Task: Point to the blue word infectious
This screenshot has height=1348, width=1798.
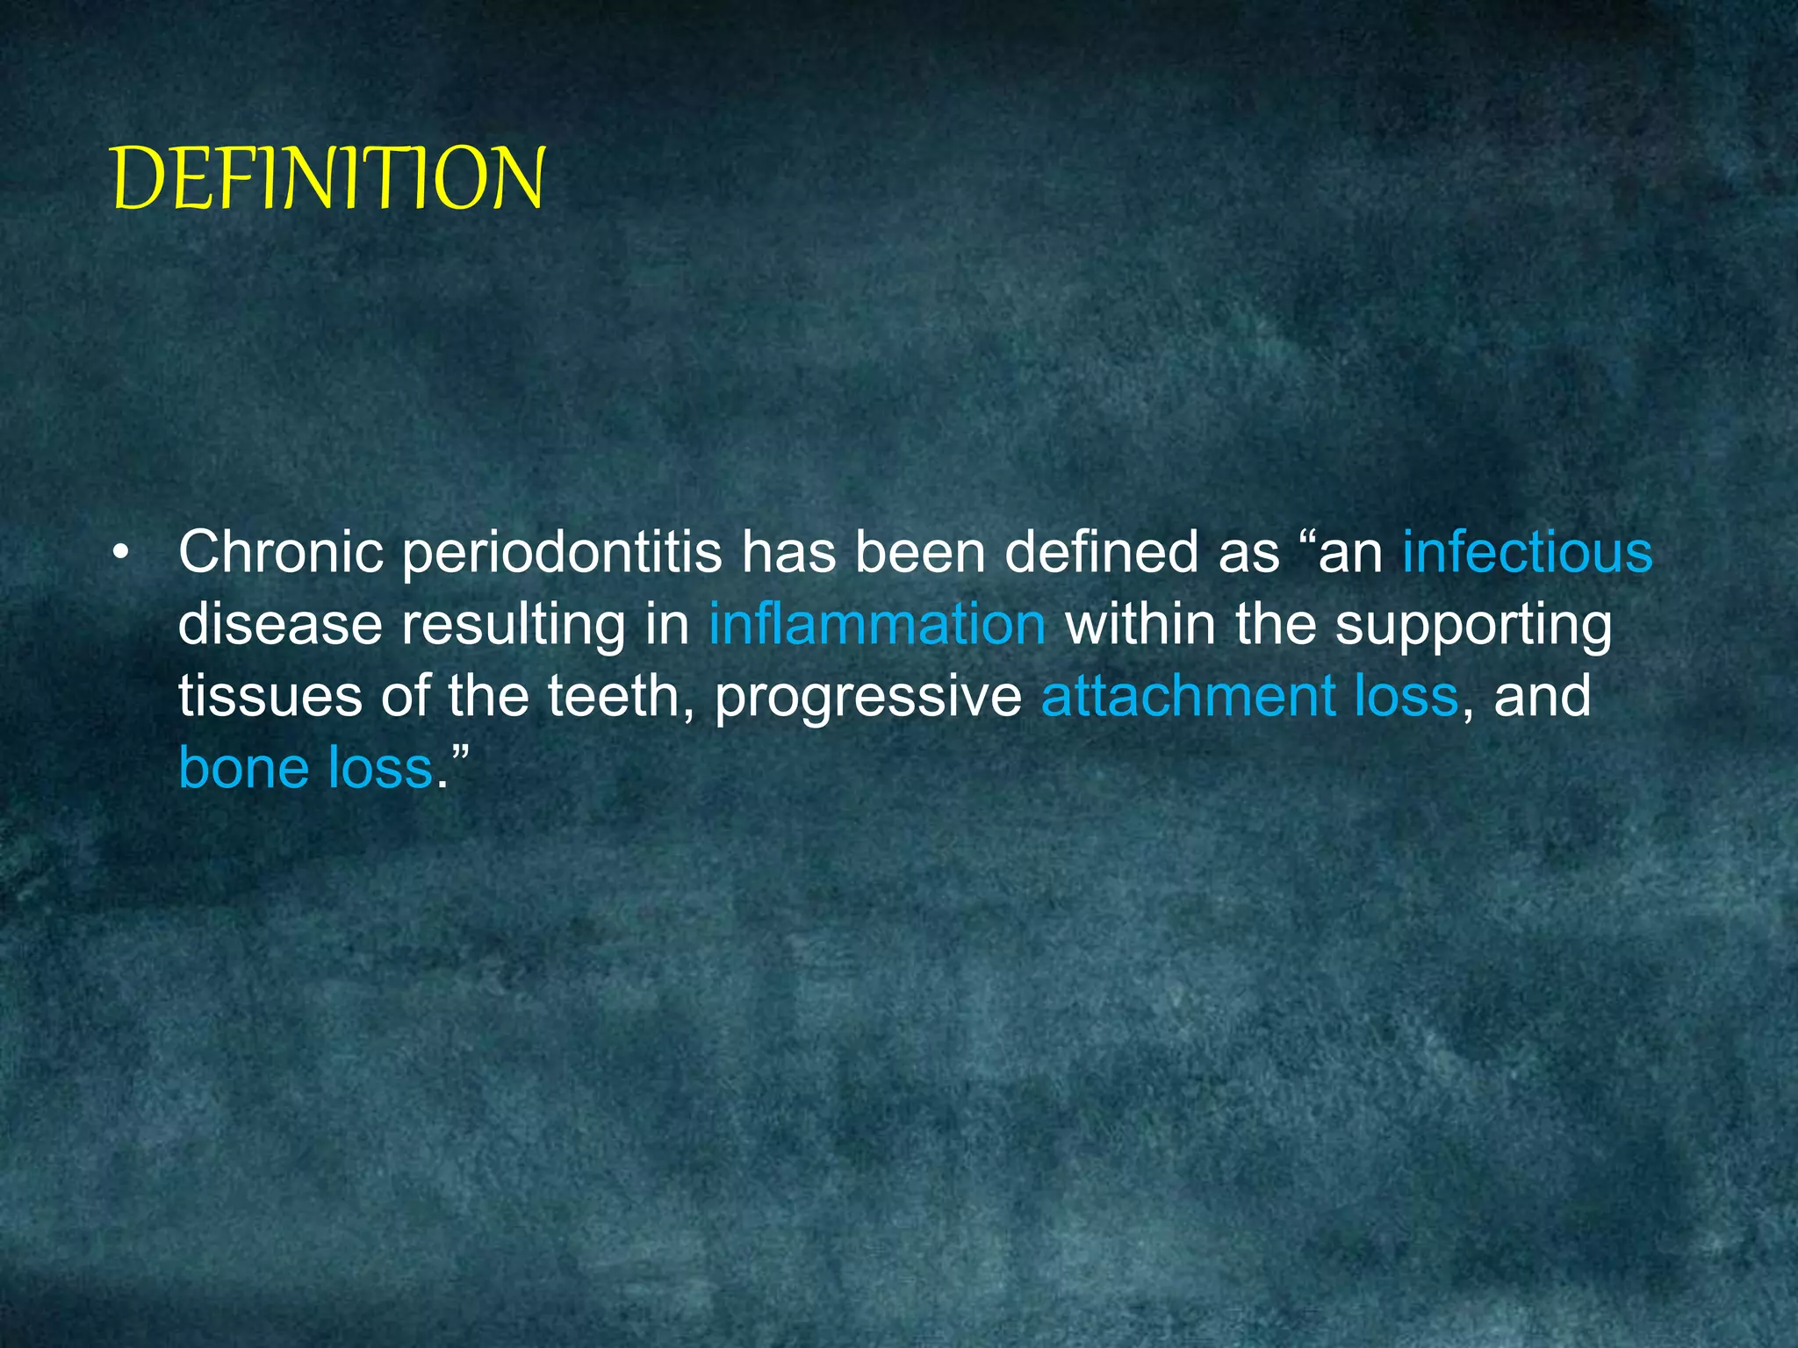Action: coord(1527,552)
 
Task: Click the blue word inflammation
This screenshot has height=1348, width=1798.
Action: coord(877,624)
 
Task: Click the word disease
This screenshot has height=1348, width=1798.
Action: coord(280,624)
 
